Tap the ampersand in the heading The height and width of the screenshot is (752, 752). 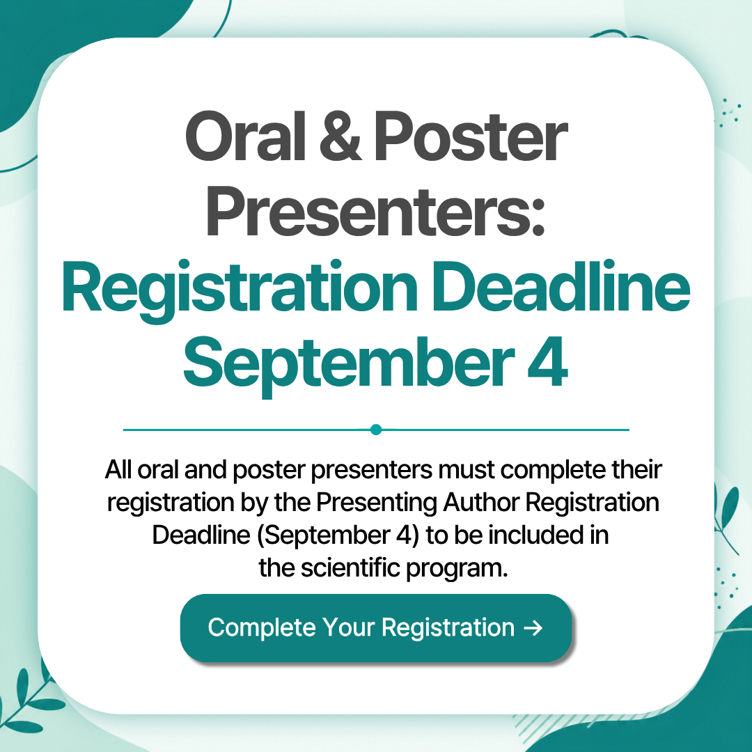click(340, 136)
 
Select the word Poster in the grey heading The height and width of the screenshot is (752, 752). click(471, 136)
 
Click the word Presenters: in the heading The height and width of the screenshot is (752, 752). click(376, 212)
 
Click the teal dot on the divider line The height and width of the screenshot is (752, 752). click(376, 429)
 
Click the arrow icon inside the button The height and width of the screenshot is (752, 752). click(533, 628)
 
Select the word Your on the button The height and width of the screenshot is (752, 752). click(349, 627)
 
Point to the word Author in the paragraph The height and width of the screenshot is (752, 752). click(480, 502)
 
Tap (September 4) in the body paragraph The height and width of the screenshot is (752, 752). click(338, 535)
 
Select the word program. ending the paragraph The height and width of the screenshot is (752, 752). click(457, 570)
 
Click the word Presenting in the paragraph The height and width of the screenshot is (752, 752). click(377, 503)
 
